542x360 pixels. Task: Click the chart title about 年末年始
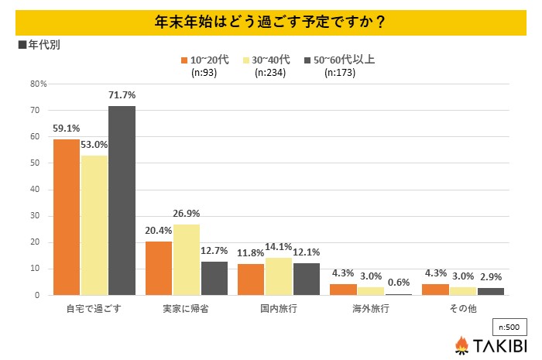point(270,21)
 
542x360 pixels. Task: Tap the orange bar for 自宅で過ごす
point(67,217)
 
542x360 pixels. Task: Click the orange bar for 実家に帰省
point(160,268)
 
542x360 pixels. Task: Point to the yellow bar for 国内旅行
point(280,276)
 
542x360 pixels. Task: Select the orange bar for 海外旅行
point(344,290)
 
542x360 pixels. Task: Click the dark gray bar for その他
point(491,291)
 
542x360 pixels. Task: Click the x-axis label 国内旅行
point(280,308)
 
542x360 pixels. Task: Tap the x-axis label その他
point(464,308)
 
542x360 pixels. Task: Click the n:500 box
point(508,326)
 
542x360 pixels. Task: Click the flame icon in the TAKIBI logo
point(461,344)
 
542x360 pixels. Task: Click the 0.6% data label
point(400,283)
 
